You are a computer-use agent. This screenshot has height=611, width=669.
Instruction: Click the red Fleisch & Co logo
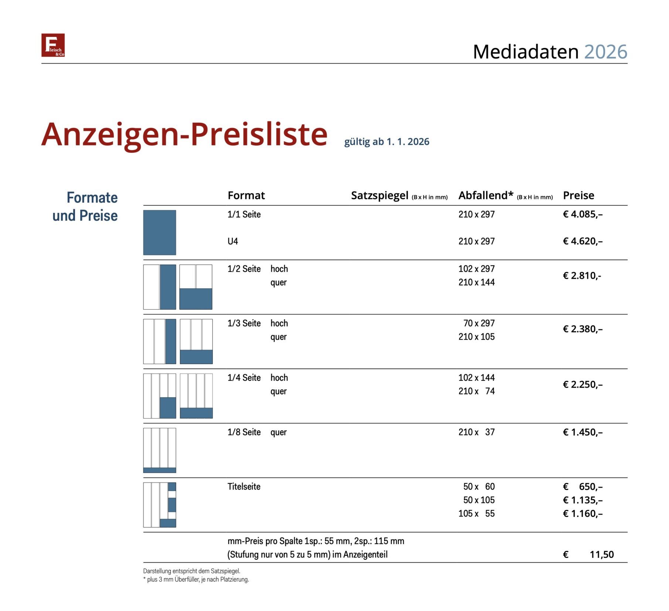coord(53,45)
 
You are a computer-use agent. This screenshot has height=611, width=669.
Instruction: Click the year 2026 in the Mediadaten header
coord(605,52)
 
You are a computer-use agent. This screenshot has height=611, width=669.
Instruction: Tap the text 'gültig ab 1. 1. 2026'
coord(386,142)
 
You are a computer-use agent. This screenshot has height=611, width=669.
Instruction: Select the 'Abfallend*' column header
coord(485,195)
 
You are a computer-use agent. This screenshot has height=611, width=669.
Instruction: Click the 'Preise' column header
coord(578,195)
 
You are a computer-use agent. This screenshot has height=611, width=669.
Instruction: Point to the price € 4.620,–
coord(582,241)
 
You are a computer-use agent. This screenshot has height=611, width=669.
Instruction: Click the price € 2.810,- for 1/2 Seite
coord(581,275)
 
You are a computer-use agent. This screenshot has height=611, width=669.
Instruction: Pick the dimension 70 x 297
coord(479,323)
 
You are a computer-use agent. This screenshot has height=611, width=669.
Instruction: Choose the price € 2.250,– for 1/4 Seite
coord(582,384)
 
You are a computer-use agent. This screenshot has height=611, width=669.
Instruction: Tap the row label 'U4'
coord(232,241)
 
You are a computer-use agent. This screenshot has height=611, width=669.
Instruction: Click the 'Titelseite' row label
coord(244,486)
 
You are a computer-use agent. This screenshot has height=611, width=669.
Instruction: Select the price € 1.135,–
coord(582,500)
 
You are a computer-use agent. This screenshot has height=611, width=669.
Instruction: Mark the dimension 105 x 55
coord(476,513)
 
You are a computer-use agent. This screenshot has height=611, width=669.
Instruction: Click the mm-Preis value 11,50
coord(601,554)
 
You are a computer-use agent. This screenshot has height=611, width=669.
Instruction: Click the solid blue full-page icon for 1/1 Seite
coord(159,232)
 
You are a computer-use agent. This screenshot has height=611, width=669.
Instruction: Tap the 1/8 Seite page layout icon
coord(159,450)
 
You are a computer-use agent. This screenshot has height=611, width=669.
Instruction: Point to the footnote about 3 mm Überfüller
coord(196,579)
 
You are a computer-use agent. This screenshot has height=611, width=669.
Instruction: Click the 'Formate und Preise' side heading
coord(85,206)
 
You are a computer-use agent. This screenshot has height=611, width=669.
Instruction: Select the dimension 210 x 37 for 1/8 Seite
coord(476,432)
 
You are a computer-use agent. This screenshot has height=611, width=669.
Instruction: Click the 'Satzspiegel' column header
coord(379,195)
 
